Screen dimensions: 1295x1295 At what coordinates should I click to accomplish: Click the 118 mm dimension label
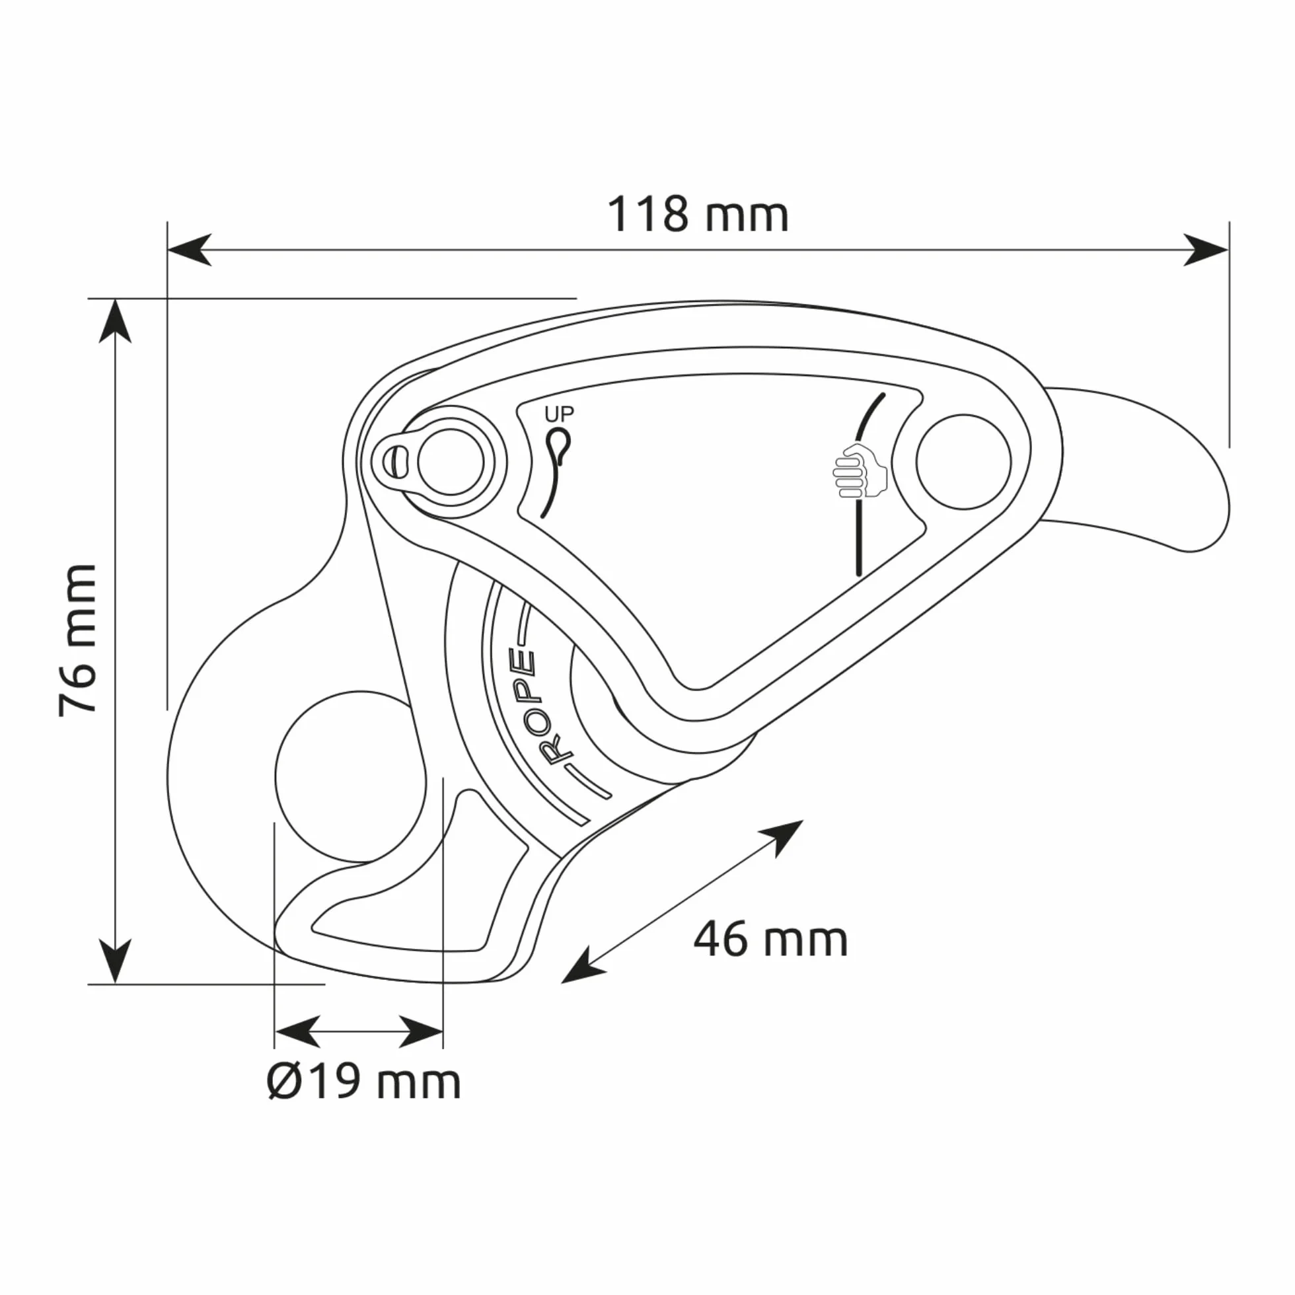[x=698, y=215]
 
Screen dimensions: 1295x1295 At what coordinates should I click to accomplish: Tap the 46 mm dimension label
[x=771, y=940]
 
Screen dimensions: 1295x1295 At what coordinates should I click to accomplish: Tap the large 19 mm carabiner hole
[x=351, y=777]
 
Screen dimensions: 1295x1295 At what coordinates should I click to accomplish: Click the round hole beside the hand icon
[x=963, y=462]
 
